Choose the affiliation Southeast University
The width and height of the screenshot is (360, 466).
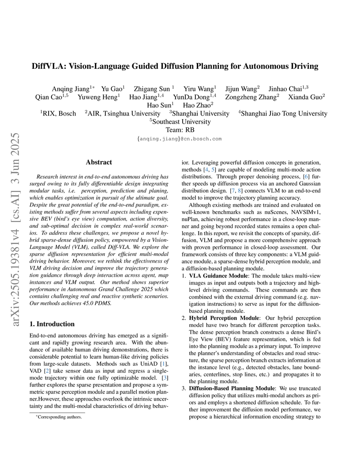coord(180,121)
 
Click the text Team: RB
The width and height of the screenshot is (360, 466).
coord(180,130)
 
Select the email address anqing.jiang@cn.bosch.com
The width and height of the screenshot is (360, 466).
coord(180,139)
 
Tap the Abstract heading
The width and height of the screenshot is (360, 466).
coord(98,162)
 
